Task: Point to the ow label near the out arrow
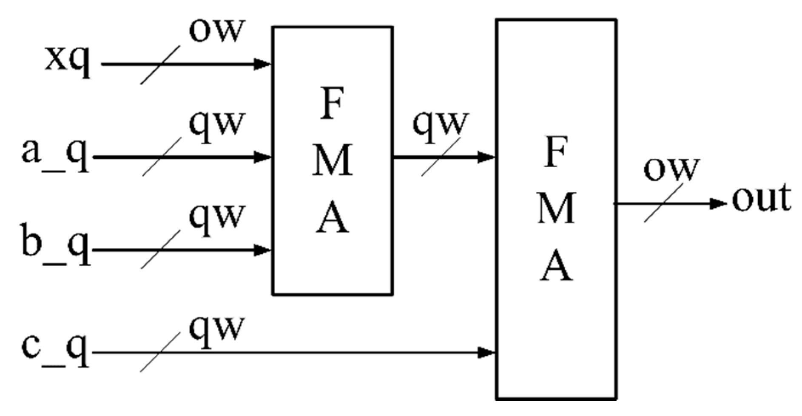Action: [x=671, y=169]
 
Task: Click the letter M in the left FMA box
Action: [x=333, y=161]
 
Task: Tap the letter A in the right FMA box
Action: [x=556, y=267]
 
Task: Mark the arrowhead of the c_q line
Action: [x=486, y=352]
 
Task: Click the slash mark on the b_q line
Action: [x=161, y=250]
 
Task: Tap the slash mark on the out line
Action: [x=663, y=203]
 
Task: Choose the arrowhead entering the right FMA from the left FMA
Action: [x=486, y=157]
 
